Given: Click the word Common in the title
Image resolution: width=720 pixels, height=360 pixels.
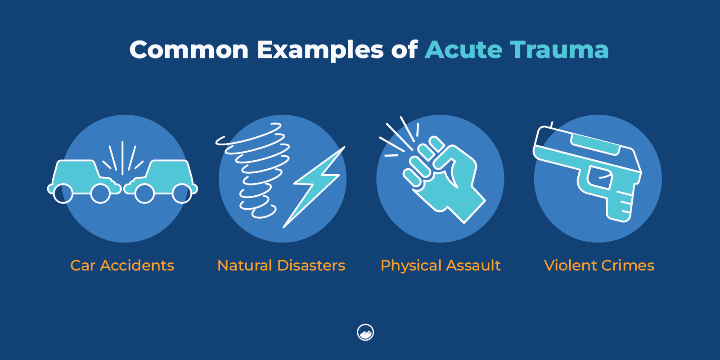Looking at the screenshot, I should (189, 49).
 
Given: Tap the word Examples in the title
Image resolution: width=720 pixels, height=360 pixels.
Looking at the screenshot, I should (320, 50).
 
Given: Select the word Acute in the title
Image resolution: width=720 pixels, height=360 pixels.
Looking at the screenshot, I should (463, 49).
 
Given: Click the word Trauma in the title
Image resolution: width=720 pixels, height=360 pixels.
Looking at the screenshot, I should (559, 49).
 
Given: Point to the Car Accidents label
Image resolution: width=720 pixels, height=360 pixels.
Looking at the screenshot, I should (122, 265).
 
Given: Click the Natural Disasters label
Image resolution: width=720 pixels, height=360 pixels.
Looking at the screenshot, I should (281, 265).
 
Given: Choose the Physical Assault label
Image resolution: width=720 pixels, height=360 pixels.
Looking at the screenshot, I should (441, 266).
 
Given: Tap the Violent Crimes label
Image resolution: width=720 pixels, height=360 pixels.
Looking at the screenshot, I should (599, 265).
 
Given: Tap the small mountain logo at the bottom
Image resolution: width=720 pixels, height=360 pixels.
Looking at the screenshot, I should (365, 333).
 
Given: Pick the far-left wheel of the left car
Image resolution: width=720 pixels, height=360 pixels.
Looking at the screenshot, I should (63, 193).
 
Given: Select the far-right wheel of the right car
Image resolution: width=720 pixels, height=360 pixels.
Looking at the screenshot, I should (182, 193).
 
